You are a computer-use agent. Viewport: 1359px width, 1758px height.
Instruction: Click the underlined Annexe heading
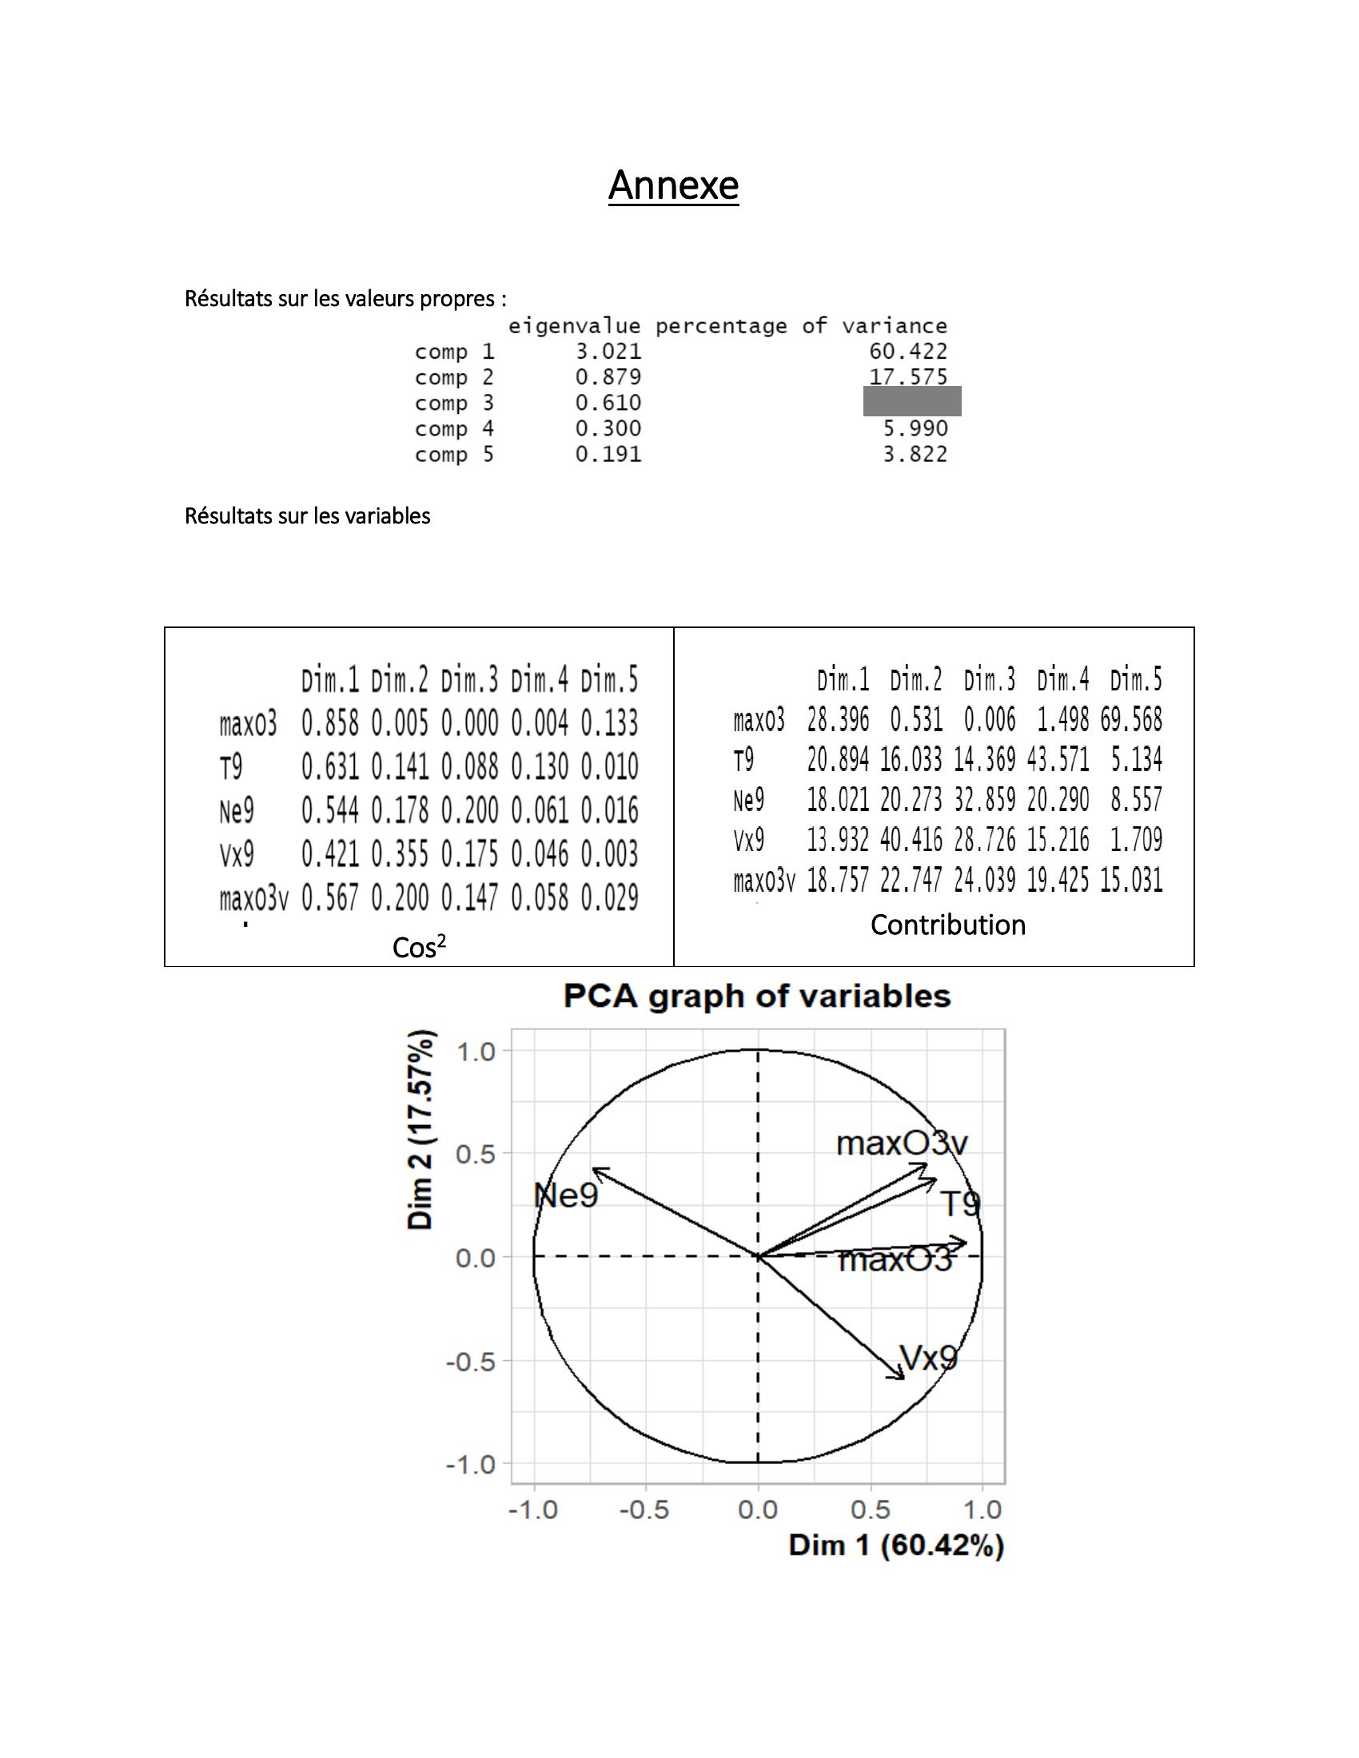pyautogui.click(x=673, y=186)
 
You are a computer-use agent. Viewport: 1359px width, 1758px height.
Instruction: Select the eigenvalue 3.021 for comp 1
pyautogui.click(x=608, y=352)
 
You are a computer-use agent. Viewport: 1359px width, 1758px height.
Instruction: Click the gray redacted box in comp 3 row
pyautogui.click(x=911, y=401)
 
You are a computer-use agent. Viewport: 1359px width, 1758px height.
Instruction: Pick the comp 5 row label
pyautogui.click(x=454, y=455)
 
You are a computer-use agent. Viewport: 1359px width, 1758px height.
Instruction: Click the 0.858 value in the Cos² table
pyautogui.click(x=330, y=724)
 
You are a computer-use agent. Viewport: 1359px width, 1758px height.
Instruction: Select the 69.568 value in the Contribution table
pyautogui.click(x=1131, y=720)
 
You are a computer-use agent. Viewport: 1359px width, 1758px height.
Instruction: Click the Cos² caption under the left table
pyautogui.click(x=419, y=948)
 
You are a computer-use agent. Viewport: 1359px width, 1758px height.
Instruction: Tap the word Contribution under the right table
pyautogui.click(x=947, y=925)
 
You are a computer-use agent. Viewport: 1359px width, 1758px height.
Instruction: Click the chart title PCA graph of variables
pyautogui.click(x=757, y=996)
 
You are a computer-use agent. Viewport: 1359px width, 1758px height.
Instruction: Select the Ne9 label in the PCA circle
pyautogui.click(x=567, y=1196)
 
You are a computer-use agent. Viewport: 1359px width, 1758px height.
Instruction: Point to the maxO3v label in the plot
pyautogui.click(x=902, y=1143)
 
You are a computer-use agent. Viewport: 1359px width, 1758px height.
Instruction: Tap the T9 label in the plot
pyautogui.click(x=960, y=1205)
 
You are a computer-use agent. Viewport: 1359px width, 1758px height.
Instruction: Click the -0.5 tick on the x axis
pyautogui.click(x=644, y=1510)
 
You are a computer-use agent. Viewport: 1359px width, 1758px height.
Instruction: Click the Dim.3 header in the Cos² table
pyautogui.click(x=469, y=681)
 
